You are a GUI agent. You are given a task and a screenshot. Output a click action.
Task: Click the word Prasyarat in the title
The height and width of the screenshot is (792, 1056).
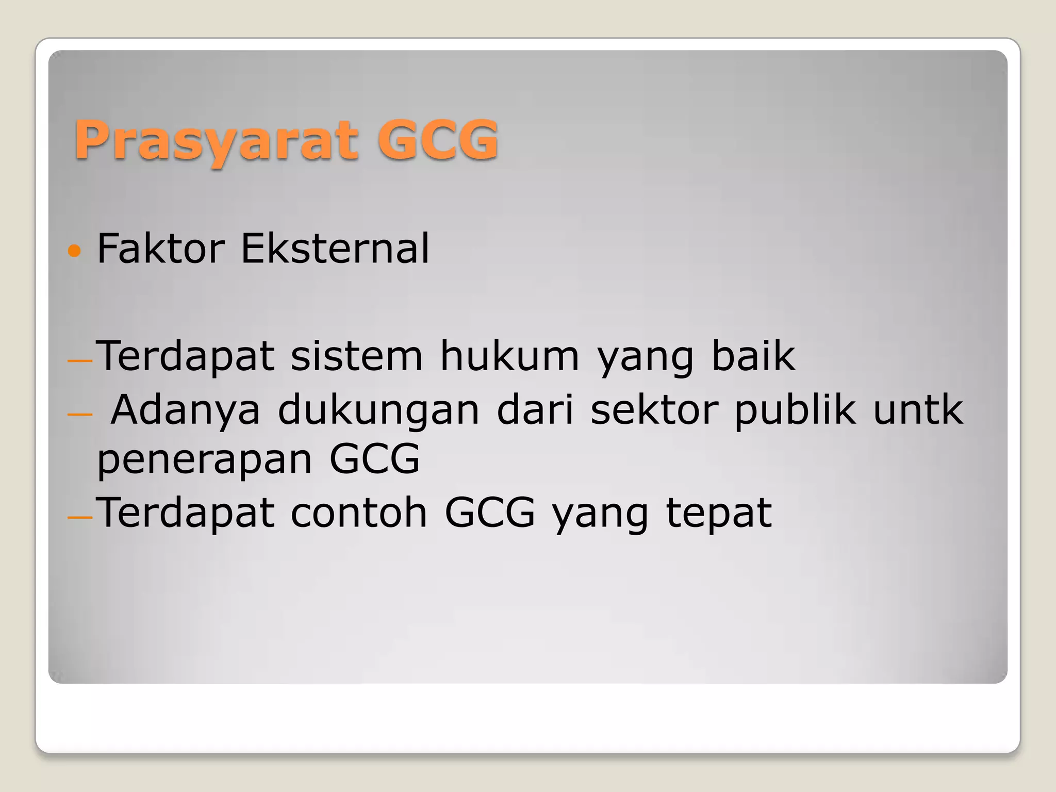216,140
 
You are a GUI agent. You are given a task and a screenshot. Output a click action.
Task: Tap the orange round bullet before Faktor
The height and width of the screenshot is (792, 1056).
75,251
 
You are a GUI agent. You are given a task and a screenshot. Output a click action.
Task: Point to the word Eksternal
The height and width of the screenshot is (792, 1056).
335,249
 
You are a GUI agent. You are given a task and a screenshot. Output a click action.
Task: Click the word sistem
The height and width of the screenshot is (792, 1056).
356,356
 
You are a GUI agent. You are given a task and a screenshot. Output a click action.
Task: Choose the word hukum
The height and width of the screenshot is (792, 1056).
509,356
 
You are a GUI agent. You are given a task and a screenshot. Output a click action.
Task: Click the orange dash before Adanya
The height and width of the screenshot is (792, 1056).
79,415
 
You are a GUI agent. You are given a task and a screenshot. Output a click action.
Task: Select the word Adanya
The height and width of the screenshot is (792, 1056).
186,410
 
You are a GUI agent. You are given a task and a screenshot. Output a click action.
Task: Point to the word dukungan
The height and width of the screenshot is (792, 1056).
378,410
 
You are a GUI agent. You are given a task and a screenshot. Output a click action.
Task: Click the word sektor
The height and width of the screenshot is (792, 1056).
654,409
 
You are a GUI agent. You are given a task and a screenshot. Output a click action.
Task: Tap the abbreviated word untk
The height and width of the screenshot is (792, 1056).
918,409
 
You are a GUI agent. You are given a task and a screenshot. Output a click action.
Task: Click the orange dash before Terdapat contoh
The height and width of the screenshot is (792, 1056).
80,518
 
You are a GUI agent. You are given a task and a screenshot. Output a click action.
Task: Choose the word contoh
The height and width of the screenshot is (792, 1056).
359,513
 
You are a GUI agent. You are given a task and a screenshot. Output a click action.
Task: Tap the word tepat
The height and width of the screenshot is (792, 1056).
719,514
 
